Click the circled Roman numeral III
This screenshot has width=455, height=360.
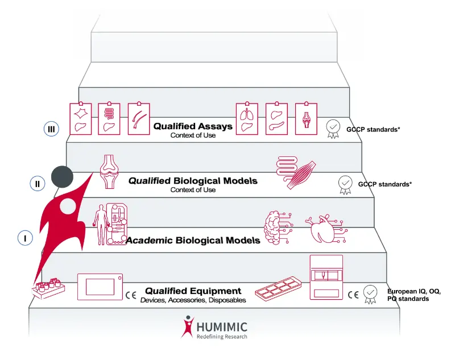point(51,129)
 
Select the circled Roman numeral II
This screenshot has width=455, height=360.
point(37,183)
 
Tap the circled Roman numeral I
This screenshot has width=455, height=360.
point(25,238)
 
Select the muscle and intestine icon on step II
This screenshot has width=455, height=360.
point(296,172)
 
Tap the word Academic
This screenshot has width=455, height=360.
point(148,240)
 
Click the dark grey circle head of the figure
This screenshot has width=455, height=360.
point(62,178)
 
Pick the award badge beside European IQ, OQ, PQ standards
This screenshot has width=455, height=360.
point(370,293)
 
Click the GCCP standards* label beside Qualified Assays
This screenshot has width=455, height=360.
point(373,130)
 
